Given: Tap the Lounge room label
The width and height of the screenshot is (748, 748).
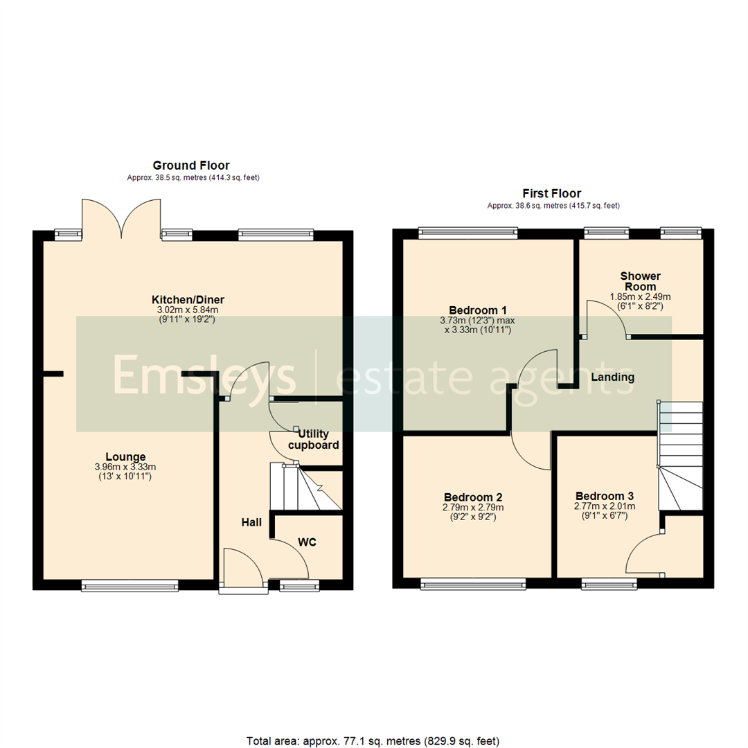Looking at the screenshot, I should (125, 456).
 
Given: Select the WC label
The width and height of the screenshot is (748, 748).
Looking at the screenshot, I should (308, 542).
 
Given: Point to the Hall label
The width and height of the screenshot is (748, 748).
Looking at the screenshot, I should (251, 522).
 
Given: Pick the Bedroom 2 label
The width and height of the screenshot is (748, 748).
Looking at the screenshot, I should (473, 497).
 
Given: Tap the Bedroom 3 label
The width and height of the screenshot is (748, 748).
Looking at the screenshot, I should (604, 496).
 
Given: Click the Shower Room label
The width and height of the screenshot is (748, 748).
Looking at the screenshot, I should (640, 281).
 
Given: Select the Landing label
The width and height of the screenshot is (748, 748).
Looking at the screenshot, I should (612, 377).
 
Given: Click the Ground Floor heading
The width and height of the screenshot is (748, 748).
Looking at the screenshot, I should (191, 165).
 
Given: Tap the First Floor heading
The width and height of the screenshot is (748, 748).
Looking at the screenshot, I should (552, 194).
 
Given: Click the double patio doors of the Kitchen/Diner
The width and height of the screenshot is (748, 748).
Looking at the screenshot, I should (121, 216).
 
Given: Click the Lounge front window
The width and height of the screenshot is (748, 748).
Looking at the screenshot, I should (130, 586).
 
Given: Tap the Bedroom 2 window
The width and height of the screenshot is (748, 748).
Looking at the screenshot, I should (472, 585).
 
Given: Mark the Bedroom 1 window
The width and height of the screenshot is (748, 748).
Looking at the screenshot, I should (467, 233).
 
